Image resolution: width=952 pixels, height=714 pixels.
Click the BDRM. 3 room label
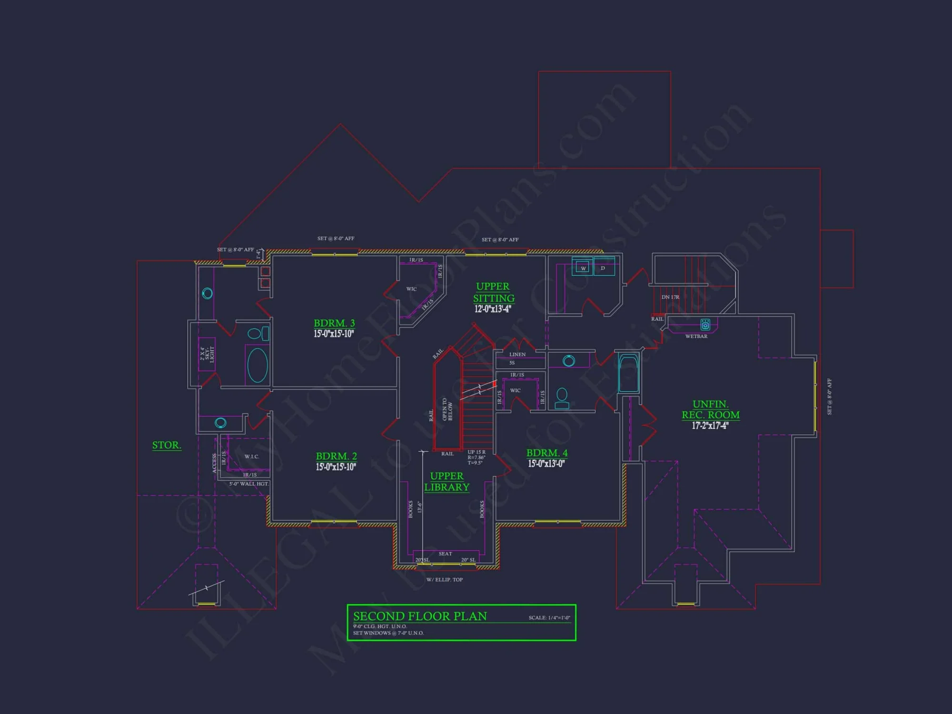[334, 323]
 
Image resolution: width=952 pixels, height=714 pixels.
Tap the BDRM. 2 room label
[336, 456]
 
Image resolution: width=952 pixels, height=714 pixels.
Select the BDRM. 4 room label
[547, 453]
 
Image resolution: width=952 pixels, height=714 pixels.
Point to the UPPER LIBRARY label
[446, 482]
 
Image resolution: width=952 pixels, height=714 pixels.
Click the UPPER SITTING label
[494, 292]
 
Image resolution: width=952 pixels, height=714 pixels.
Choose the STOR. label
[167, 445]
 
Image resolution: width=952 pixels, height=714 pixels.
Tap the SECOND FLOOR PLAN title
[420, 616]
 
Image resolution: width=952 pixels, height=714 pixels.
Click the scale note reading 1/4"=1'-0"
[549, 618]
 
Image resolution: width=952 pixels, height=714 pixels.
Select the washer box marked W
[583, 268]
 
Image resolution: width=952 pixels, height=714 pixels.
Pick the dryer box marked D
[603, 268]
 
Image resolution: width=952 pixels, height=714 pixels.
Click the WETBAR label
[696, 337]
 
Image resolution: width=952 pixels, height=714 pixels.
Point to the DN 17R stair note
[670, 297]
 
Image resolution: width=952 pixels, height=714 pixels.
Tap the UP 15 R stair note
[476, 452]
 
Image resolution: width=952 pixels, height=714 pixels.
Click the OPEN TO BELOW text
[447, 409]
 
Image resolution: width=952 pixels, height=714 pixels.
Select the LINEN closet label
[517, 355]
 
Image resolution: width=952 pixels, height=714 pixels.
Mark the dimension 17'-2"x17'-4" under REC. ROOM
[710, 426]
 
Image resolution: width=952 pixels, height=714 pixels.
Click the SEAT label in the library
[445, 554]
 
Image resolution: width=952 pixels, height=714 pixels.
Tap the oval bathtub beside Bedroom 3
[258, 365]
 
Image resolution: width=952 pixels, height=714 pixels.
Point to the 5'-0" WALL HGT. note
[249, 484]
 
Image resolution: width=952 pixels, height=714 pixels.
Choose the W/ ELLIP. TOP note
[445, 580]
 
